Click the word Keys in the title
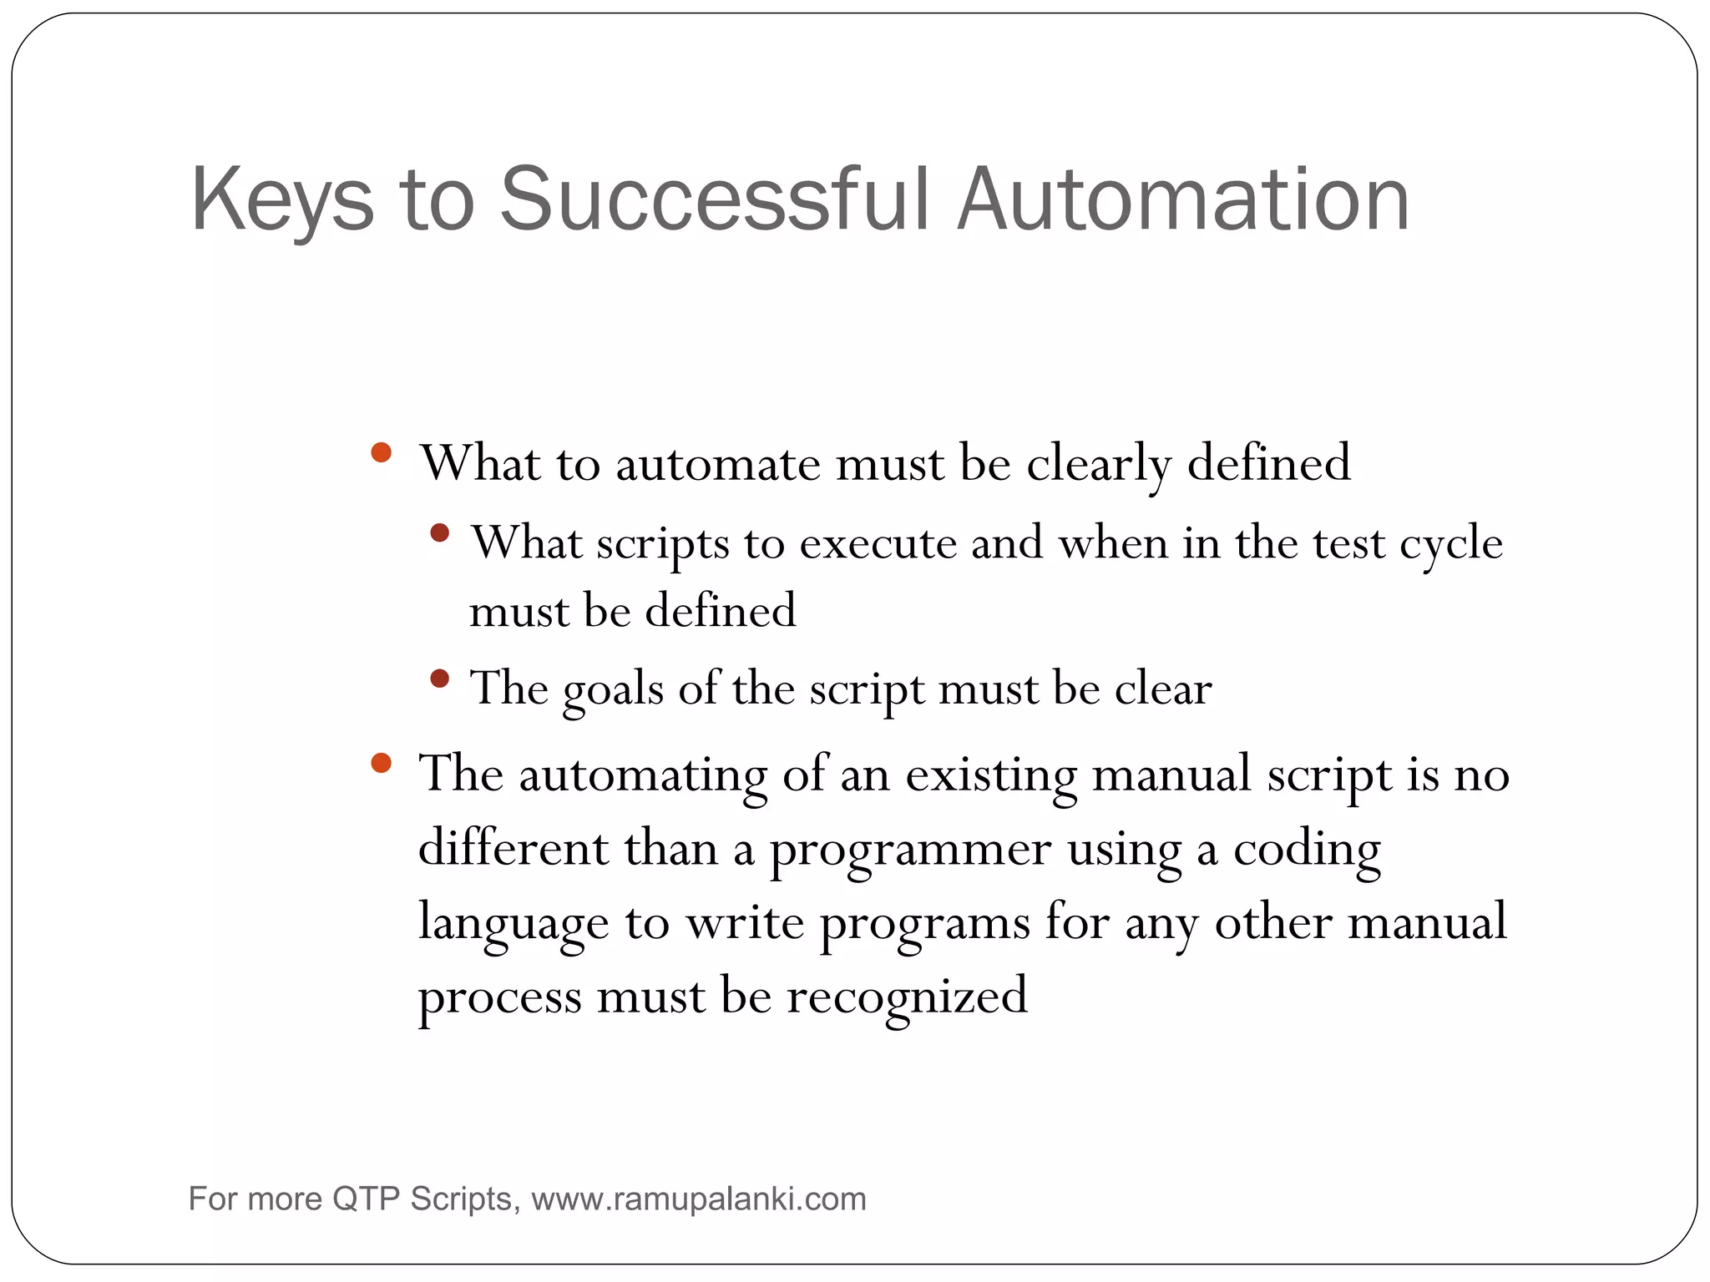pos(282,200)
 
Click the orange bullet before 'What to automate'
pos(381,453)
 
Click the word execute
pos(878,543)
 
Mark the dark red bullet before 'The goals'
pos(440,679)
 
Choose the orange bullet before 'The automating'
pos(381,763)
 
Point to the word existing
pos(991,775)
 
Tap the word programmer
pos(909,850)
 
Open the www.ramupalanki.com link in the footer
pos(699,1199)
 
